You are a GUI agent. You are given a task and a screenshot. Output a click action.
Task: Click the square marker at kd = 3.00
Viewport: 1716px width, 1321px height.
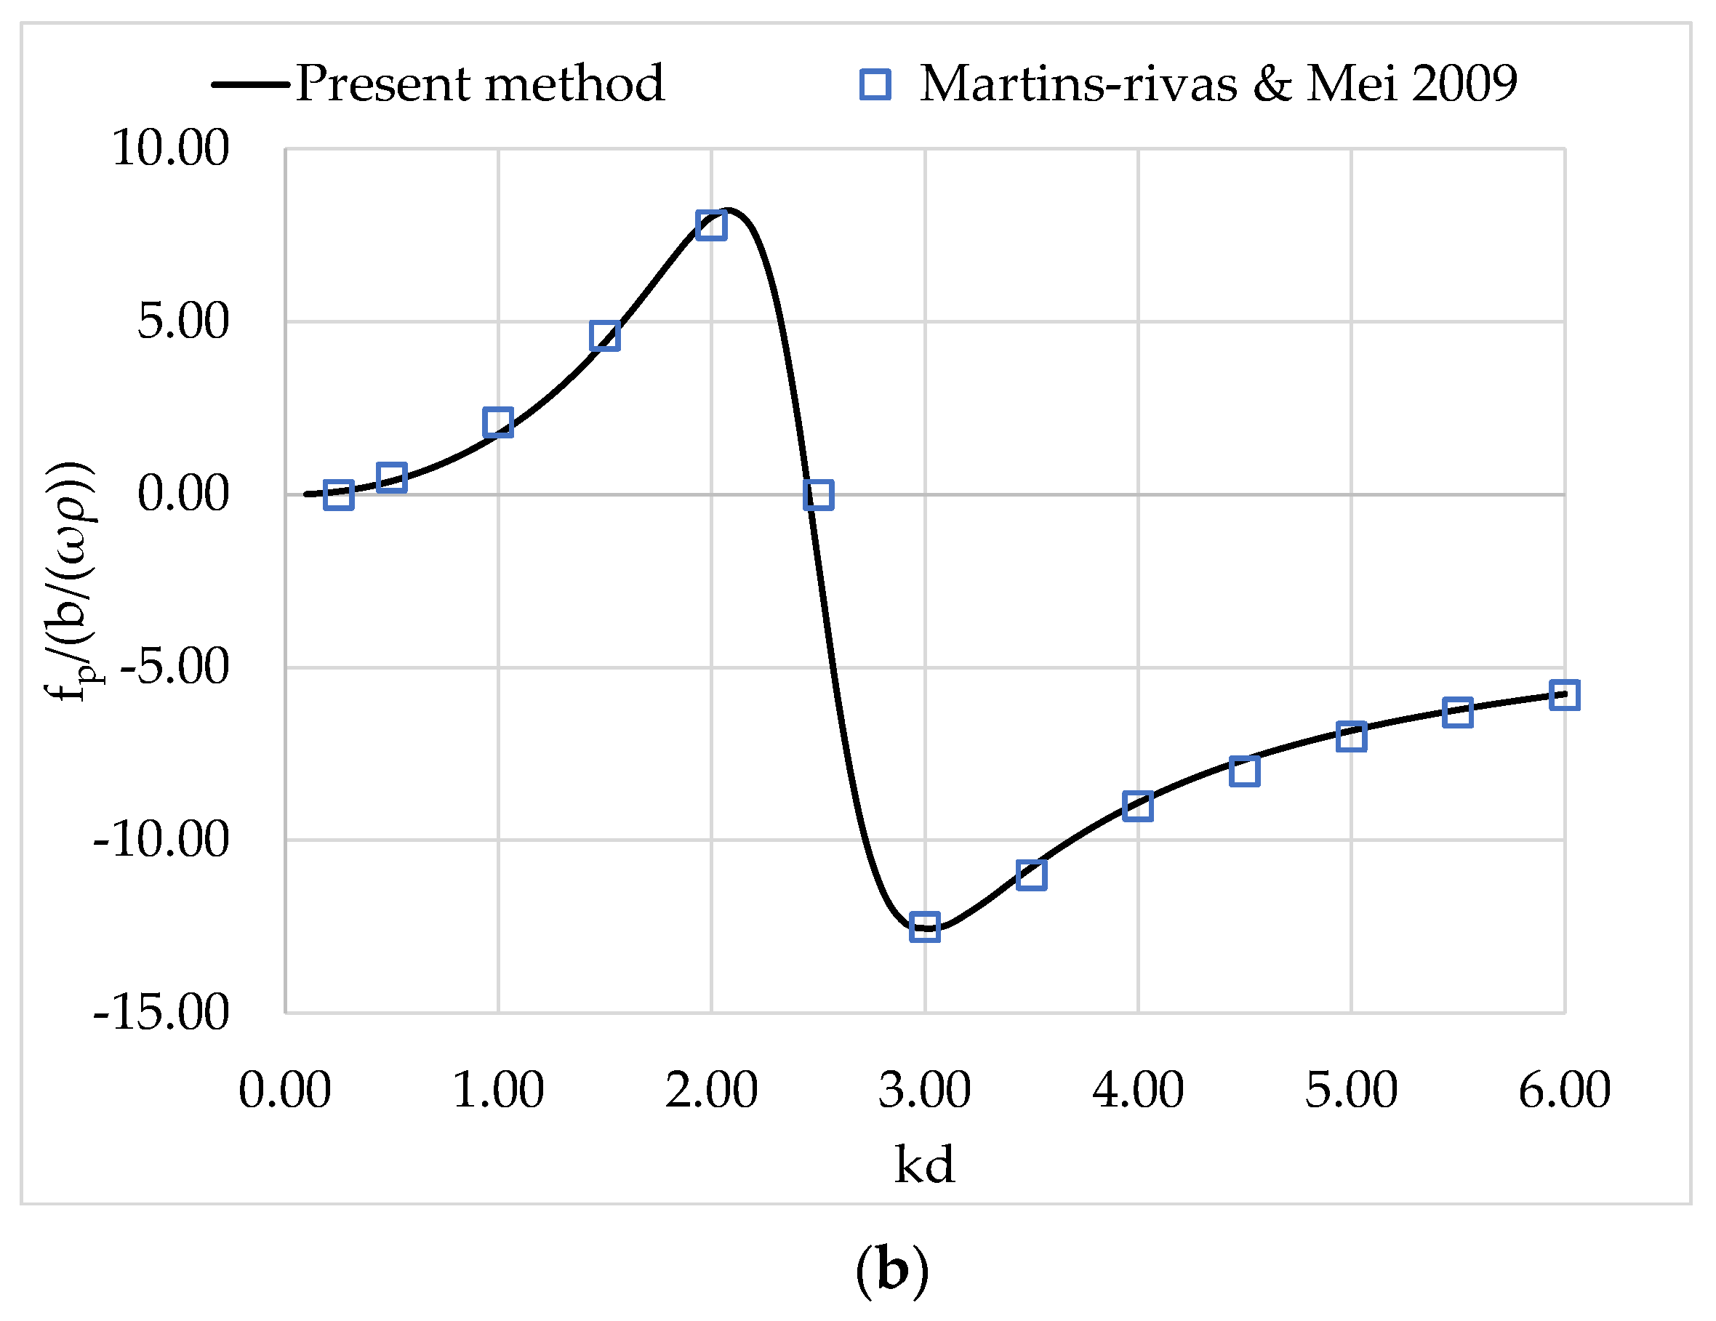click(x=925, y=927)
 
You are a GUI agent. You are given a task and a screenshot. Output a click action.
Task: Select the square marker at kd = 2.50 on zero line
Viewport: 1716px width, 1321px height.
click(x=818, y=495)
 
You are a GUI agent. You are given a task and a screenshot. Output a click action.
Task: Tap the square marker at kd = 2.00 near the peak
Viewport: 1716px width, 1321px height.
click(x=711, y=225)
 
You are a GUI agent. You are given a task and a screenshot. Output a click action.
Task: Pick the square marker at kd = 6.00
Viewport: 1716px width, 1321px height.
click(x=1563, y=696)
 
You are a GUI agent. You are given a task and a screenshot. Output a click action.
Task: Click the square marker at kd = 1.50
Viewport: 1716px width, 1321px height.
click(x=604, y=337)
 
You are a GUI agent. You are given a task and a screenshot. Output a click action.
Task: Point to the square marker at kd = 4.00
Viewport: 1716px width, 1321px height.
click(x=1138, y=806)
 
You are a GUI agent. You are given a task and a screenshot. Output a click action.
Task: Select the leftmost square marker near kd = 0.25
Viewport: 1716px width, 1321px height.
click(x=339, y=495)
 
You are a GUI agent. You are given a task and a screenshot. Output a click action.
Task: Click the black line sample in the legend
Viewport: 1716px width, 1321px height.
click(x=250, y=84)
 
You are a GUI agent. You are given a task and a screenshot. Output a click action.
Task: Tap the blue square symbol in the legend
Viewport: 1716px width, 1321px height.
click(x=875, y=84)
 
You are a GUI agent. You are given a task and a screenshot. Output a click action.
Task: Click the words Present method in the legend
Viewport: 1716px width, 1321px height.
click(x=480, y=84)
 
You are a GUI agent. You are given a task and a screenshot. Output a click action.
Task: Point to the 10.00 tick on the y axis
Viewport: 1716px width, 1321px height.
click(x=170, y=148)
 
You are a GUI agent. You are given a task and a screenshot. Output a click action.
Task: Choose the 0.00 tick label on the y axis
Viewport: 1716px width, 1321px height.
click(x=183, y=494)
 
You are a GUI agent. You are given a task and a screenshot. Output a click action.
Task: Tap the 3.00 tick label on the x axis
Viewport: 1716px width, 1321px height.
click(x=924, y=1091)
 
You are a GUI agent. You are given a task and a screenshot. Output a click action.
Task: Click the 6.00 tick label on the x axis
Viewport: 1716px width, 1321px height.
click(x=1563, y=1091)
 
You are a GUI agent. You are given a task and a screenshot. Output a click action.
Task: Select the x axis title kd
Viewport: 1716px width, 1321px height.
click(x=924, y=1165)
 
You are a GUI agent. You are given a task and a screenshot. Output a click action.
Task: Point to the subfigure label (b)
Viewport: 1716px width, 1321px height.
click(x=891, y=1270)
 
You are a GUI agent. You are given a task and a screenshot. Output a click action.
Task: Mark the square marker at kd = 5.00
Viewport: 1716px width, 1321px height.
click(x=1351, y=737)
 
